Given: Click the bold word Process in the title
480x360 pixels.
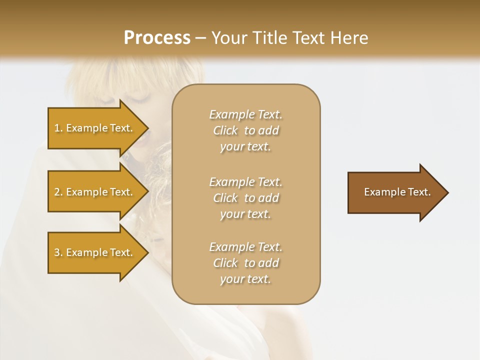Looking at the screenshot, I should tap(156, 38).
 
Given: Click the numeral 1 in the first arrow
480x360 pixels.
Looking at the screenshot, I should tap(56, 128).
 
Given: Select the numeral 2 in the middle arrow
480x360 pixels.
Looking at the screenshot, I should tap(56, 192).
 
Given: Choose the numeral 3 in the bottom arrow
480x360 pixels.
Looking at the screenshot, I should tap(56, 252).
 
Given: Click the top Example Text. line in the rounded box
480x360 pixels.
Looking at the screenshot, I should tap(246, 114).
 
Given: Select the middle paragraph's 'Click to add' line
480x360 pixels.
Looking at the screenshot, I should tap(246, 198).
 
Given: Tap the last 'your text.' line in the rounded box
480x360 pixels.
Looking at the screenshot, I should tap(246, 279).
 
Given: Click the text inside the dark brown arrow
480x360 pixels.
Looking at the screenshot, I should tap(397, 192).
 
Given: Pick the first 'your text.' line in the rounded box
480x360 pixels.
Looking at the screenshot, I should tap(246, 146).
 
